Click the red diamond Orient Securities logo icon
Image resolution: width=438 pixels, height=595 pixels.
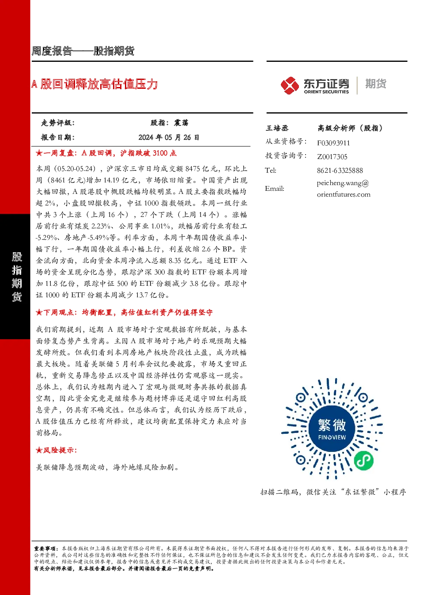pyautogui.click(x=290, y=85)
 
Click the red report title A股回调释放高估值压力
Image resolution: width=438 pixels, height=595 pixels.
pyautogui.click(x=94, y=84)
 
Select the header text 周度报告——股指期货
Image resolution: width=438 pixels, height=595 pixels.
pyautogui.click(x=83, y=51)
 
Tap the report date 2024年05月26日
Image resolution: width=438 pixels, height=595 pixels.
pyautogui.click(x=169, y=137)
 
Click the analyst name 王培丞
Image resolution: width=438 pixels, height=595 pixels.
pyautogui.click(x=276, y=128)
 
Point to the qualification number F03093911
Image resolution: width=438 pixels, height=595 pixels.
pyautogui.click(x=333, y=143)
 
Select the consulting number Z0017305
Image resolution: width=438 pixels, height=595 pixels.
pyautogui.click(x=332, y=157)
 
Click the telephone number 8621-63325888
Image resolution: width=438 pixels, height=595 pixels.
pyautogui.click(x=340, y=171)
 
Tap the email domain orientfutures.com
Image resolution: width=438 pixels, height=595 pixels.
pyautogui.click(x=344, y=194)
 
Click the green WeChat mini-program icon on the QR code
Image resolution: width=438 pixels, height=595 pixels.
pyautogui.click(x=363, y=460)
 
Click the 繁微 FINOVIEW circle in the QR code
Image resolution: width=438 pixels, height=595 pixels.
pyautogui.click(x=332, y=429)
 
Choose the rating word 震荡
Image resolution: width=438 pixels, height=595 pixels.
pyautogui.click(x=181, y=123)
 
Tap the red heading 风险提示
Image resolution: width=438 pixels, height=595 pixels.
pyautogui.click(x=60, y=450)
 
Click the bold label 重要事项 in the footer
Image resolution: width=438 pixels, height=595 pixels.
pyautogui.click(x=45, y=549)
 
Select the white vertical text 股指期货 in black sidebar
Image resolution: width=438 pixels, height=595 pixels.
pyautogui.click(x=17, y=277)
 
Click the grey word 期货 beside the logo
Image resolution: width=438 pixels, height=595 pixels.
pyautogui.click(x=376, y=84)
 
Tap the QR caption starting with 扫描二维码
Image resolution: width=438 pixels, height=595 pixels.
pyautogui.click(x=333, y=492)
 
